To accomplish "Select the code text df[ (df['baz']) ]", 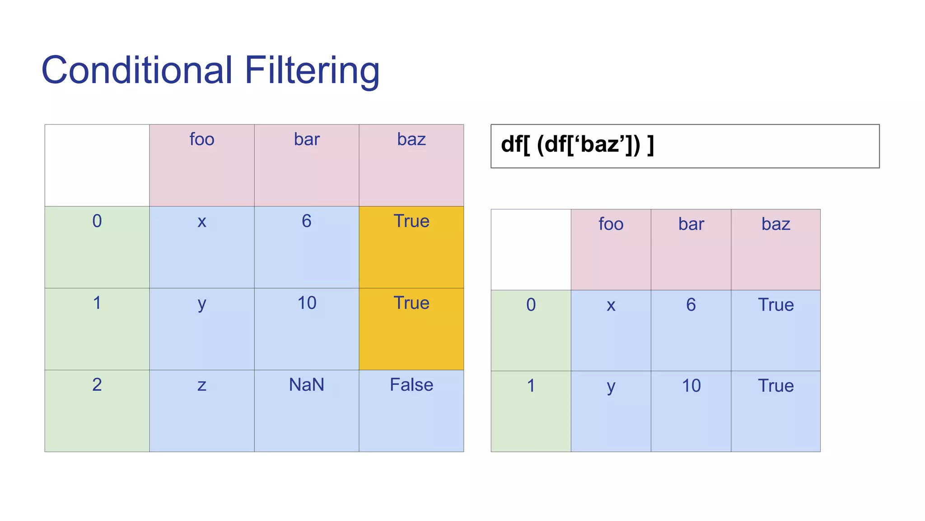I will click(x=577, y=145).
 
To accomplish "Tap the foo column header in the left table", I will click(x=202, y=139).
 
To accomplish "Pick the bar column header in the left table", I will click(x=307, y=139).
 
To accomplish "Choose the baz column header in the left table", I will click(x=411, y=139).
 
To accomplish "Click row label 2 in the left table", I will click(x=97, y=385).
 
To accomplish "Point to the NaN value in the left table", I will click(x=307, y=385).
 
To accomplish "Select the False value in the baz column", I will click(x=411, y=385).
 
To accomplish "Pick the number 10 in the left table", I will click(x=307, y=303).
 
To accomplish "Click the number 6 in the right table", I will click(x=691, y=305).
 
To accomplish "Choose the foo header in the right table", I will click(x=611, y=224).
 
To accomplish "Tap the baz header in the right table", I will click(x=776, y=224).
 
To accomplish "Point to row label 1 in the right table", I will click(x=531, y=386).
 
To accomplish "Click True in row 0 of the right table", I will click(x=776, y=305).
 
